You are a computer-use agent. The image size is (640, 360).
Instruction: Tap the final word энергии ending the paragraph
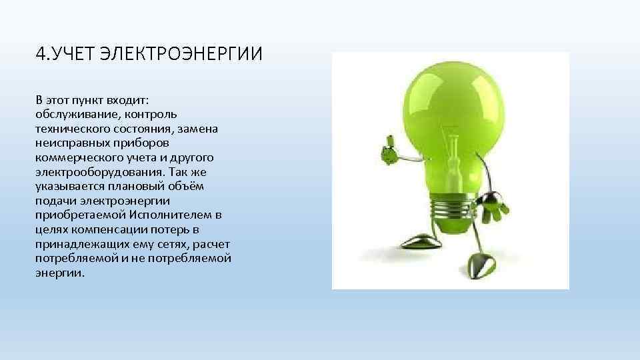60,274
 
